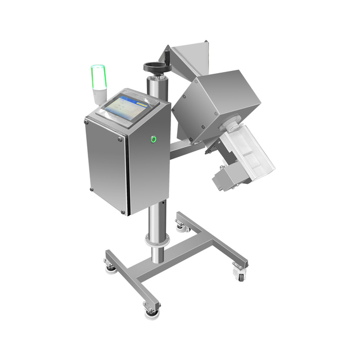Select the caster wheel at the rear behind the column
pos(181,225)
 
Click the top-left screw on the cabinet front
pos(87,120)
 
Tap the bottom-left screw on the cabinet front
pos(92,190)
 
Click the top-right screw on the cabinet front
pos(120,138)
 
